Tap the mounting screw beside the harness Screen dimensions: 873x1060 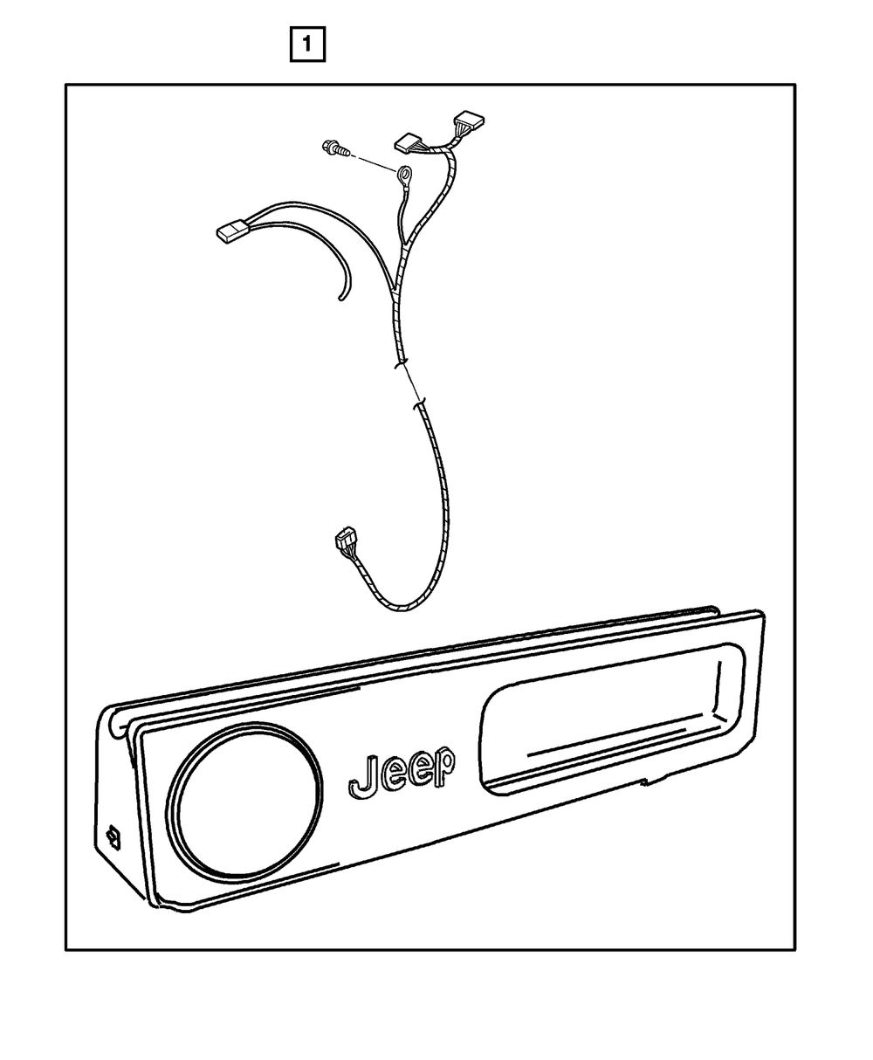tap(337, 148)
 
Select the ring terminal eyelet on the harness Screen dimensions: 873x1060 tap(404, 176)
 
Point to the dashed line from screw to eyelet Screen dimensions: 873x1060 tap(373, 163)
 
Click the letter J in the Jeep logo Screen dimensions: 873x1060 tap(363, 775)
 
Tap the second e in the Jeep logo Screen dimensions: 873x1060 tap(419, 768)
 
